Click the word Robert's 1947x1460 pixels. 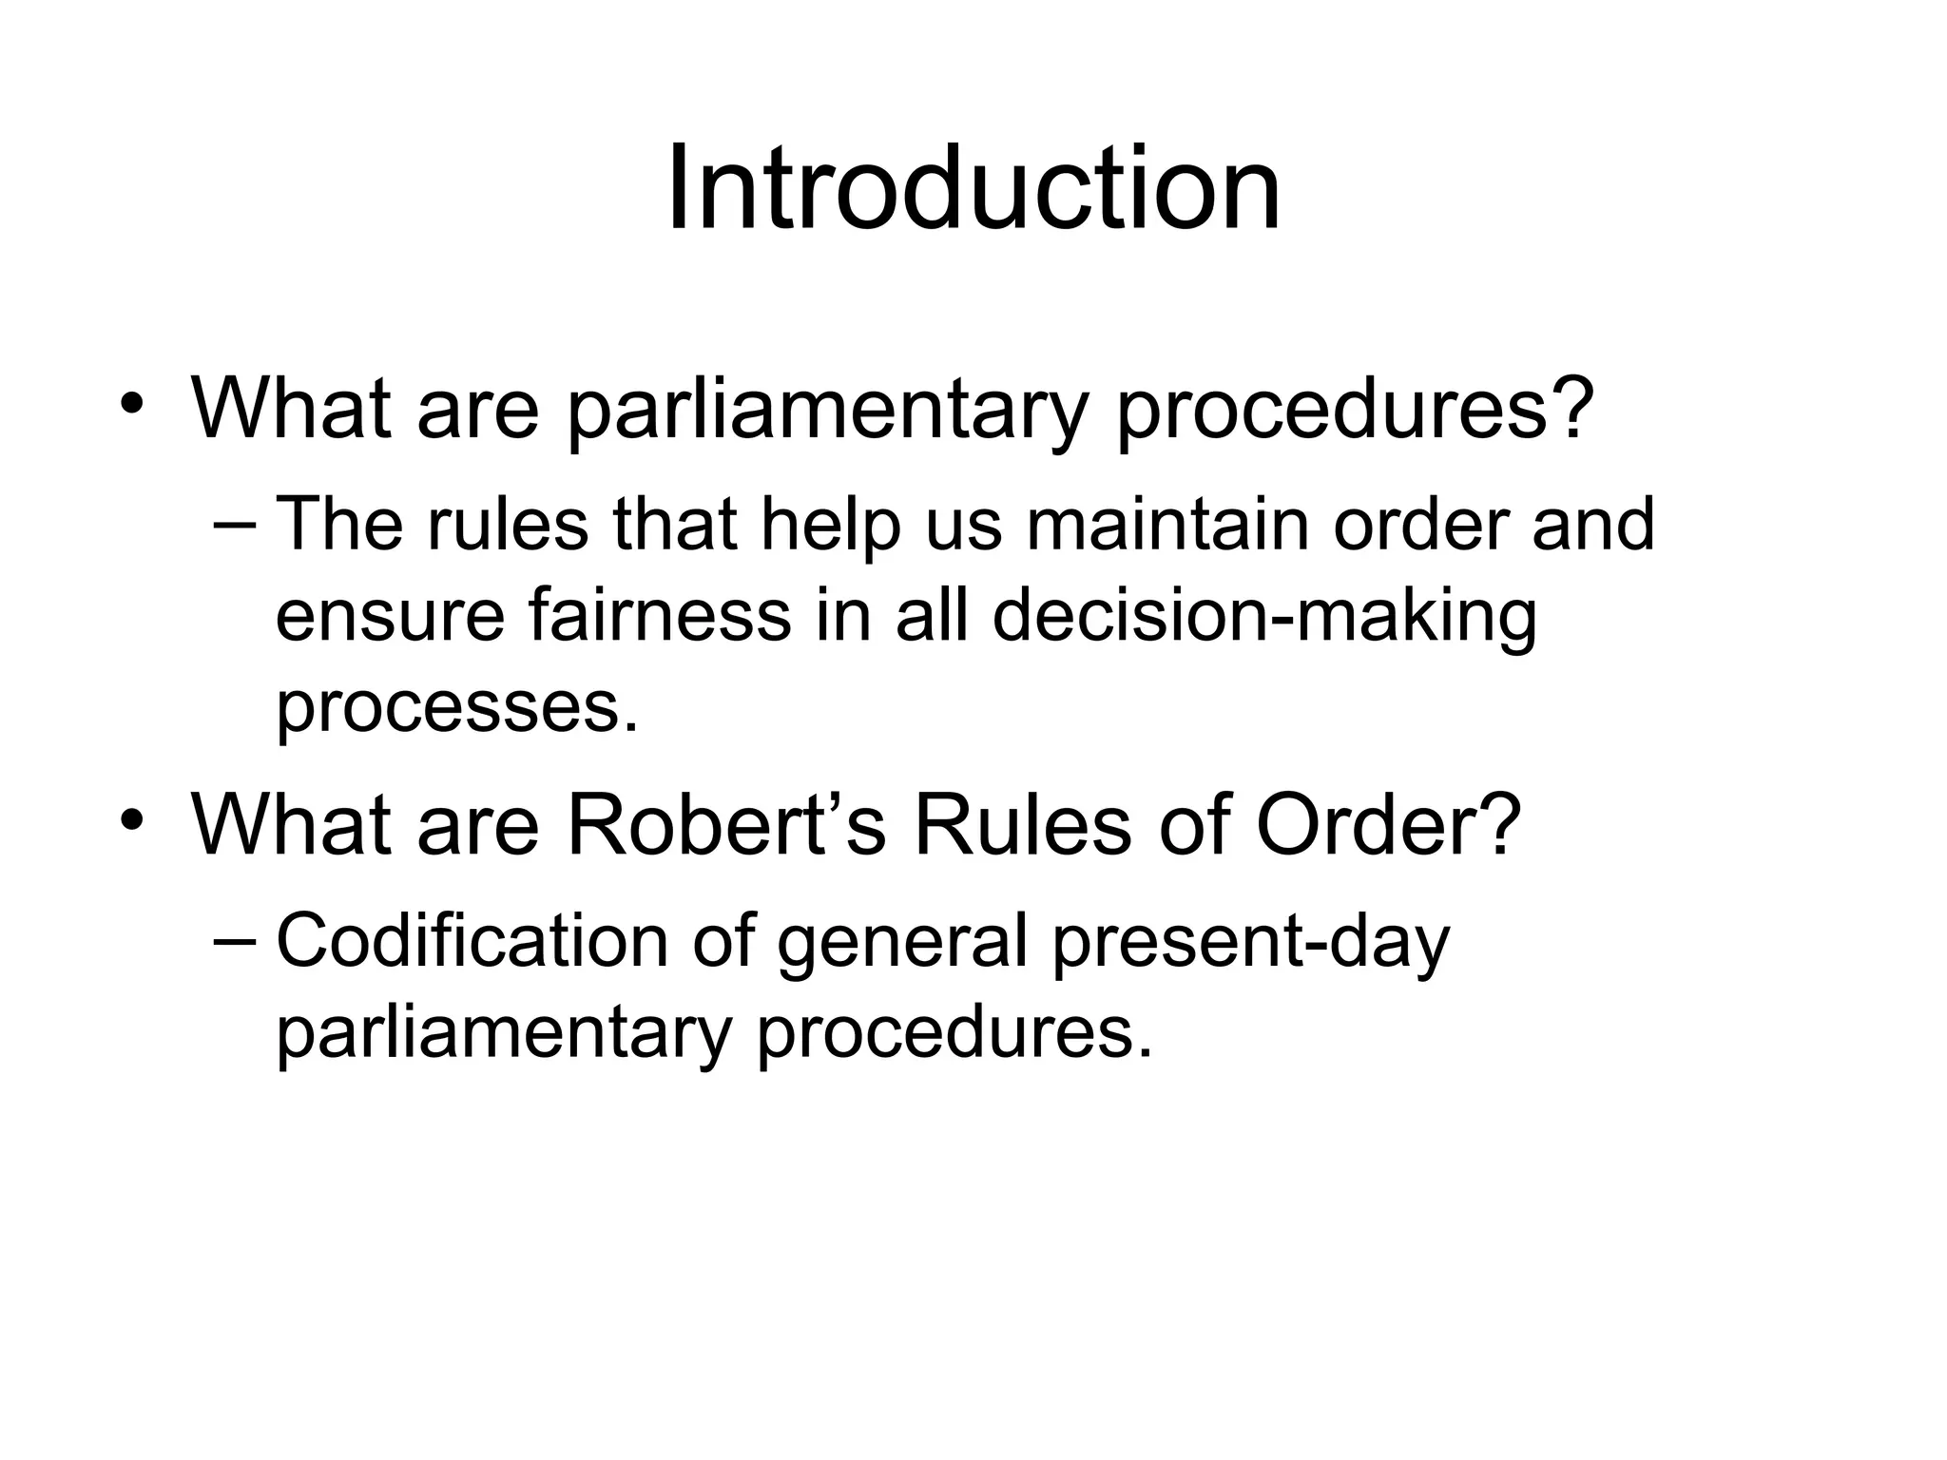(726, 823)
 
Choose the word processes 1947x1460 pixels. (456, 708)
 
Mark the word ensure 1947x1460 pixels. (390, 617)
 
